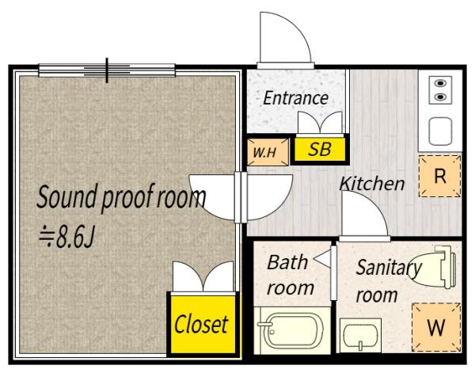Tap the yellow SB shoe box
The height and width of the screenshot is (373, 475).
(x=320, y=149)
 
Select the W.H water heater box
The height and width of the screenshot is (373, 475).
(x=268, y=152)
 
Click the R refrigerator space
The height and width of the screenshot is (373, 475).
(x=440, y=176)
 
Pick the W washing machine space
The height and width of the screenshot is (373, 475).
(x=436, y=327)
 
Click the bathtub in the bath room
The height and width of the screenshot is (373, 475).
(x=292, y=331)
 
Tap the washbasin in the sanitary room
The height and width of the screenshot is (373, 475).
(x=360, y=336)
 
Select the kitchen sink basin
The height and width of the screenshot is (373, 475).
(x=440, y=131)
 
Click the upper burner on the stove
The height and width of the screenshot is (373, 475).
(x=440, y=83)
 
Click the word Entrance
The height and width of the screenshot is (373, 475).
(x=295, y=98)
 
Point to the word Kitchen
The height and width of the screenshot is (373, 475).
(x=372, y=183)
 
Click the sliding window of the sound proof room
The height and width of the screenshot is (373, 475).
(x=107, y=70)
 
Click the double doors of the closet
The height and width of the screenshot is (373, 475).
(x=203, y=277)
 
